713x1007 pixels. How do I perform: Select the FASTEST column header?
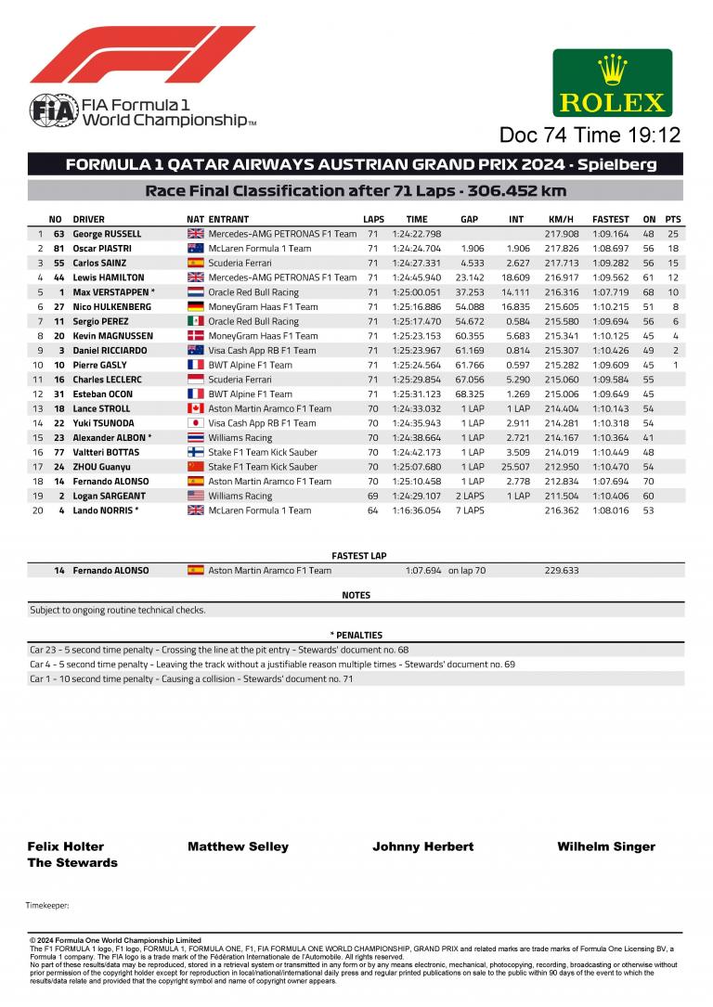click(x=610, y=219)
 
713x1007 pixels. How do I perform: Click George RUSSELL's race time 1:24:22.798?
click(x=417, y=234)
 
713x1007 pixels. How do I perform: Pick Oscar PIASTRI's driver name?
click(x=102, y=249)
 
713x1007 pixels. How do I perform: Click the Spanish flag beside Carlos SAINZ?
click(x=195, y=264)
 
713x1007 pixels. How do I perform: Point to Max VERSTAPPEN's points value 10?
click(x=673, y=292)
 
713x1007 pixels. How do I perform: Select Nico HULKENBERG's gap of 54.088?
click(x=471, y=307)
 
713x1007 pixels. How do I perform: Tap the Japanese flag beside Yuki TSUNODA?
click(x=195, y=423)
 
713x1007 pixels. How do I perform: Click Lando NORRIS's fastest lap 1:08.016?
click(x=610, y=510)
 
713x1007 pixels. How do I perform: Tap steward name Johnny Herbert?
click(x=422, y=846)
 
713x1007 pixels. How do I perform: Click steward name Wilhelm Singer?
click(x=605, y=846)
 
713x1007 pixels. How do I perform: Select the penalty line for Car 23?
click(x=219, y=651)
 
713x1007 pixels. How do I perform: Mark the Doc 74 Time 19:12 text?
click(x=590, y=136)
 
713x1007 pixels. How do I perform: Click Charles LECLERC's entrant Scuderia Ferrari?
click(x=240, y=380)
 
